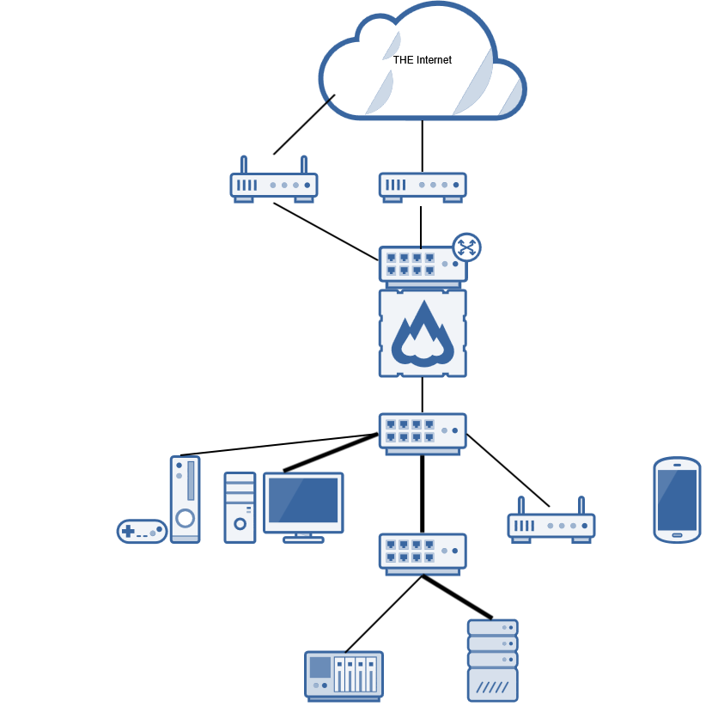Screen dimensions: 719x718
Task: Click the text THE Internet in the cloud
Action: click(422, 60)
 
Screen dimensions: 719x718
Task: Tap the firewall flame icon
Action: click(423, 333)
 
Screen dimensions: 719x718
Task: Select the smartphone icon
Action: click(677, 499)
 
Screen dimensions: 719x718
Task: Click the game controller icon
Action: click(142, 531)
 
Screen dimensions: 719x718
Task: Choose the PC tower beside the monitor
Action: click(240, 507)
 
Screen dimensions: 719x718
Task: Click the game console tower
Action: click(185, 499)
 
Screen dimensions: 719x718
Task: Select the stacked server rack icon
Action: click(493, 660)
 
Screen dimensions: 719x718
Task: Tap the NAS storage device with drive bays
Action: click(344, 674)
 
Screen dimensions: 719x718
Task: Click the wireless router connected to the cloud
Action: click(274, 185)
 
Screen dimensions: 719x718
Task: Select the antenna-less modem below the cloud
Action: click(423, 186)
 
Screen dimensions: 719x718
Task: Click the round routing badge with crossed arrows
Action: click(466, 247)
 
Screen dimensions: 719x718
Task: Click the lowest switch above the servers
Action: click(423, 552)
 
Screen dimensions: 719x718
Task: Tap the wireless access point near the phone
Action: click(551, 524)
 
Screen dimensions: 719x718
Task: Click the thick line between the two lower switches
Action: click(423, 493)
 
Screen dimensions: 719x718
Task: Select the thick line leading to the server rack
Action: click(457, 597)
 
